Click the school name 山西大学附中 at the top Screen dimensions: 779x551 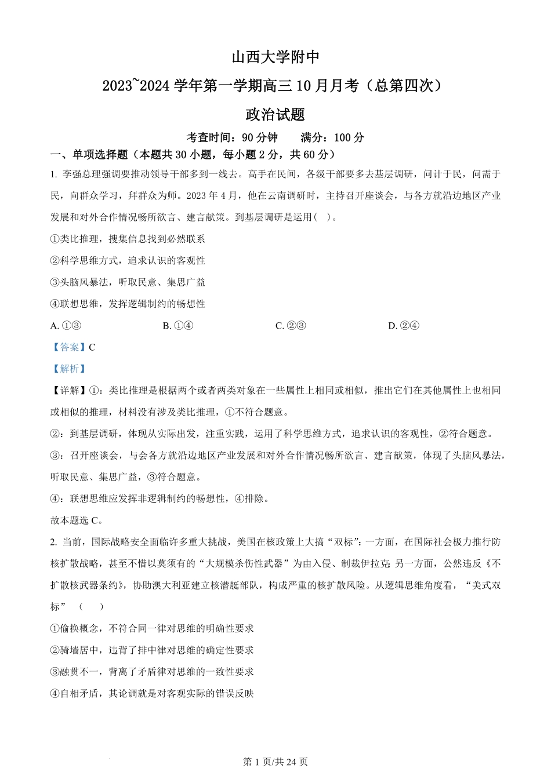pos(275,57)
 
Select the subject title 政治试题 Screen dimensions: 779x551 pos(275,115)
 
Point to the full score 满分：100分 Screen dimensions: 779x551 pos(333,138)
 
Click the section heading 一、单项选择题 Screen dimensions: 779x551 pos(89,155)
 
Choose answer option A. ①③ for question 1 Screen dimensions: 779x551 pos(66,326)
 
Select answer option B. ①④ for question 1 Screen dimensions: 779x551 pos(178,326)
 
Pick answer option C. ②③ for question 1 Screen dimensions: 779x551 pos(291,326)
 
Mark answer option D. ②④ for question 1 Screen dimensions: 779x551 pos(403,326)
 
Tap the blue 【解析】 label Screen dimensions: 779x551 pos(69,369)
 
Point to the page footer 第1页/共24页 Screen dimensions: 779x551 pos(275,762)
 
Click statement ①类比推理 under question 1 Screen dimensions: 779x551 pos(128,239)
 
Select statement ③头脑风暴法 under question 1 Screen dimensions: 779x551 pos(128,282)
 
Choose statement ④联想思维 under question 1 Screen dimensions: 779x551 pos(128,304)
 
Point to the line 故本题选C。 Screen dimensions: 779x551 pos(77,520)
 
